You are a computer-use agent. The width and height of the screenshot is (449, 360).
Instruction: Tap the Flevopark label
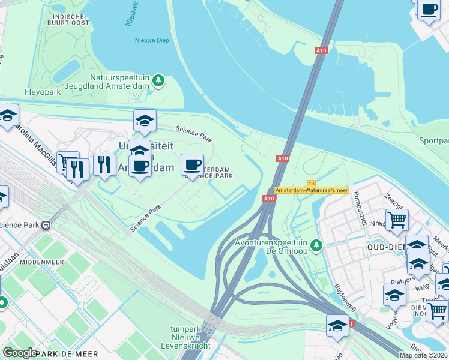(43, 92)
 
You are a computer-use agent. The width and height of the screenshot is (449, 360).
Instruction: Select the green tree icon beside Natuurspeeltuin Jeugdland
(158, 80)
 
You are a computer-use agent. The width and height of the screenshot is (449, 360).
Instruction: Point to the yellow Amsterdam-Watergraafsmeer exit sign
(311, 190)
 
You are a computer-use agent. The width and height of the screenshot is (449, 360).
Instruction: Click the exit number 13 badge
(311, 183)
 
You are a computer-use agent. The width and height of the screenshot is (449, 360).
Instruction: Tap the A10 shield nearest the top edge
(321, 51)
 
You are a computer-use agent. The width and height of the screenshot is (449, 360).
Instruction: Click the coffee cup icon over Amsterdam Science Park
(192, 164)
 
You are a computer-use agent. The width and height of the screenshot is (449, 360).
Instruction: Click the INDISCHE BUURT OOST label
(71, 20)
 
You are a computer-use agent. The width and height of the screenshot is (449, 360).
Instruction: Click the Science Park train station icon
(46, 226)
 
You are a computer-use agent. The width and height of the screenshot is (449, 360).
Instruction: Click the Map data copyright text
(424, 355)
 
